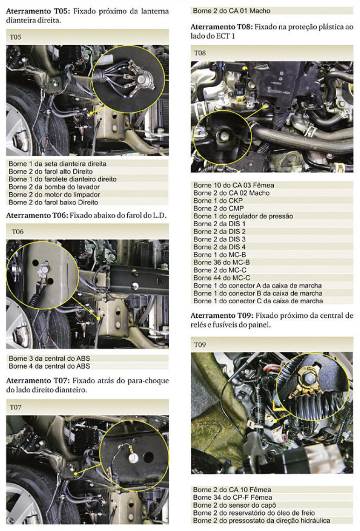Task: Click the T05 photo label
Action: pyautogui.click(x=15, y=37)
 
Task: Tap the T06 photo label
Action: pyautogui.click(x=18, y=232)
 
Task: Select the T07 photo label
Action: pyautogui.click(x=16, y=407)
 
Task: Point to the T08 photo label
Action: pyautogui.click(x=200, y=53)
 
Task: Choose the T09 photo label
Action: pyautogui.click(x=200, y=345)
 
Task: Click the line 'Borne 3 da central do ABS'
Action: pyautogui.click(x=49, y=358)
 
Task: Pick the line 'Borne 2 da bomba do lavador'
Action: pyautogui.click(x=54, y=187)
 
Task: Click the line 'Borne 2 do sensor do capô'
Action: pyautogui.click(x=235, y=505)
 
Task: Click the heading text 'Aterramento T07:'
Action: pyautogui.click(x=37, y=381)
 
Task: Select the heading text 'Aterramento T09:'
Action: pyautogui.click(x=222, y=316)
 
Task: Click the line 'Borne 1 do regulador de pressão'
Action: pyautogui.click(x=242, y=216)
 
